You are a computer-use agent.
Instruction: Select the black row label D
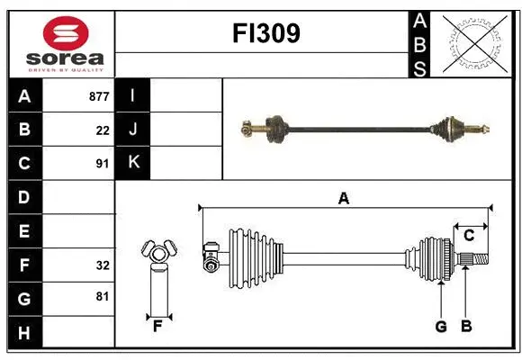click(x=24, y=197)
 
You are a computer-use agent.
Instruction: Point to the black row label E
click(x=24, y=231)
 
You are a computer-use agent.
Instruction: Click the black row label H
click(x=24, y=333)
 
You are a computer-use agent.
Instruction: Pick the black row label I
click(x=133, y=96)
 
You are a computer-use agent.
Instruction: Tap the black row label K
click(x=133, y=163)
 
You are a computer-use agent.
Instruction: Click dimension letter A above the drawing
click(x=343, y=199)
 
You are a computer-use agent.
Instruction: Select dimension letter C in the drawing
click(x=469, y=236)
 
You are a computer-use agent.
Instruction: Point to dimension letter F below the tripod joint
click(x=157, y=326)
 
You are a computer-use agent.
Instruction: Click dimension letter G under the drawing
click(x=441, y=326)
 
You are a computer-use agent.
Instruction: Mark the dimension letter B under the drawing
click(x=466, y=326)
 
